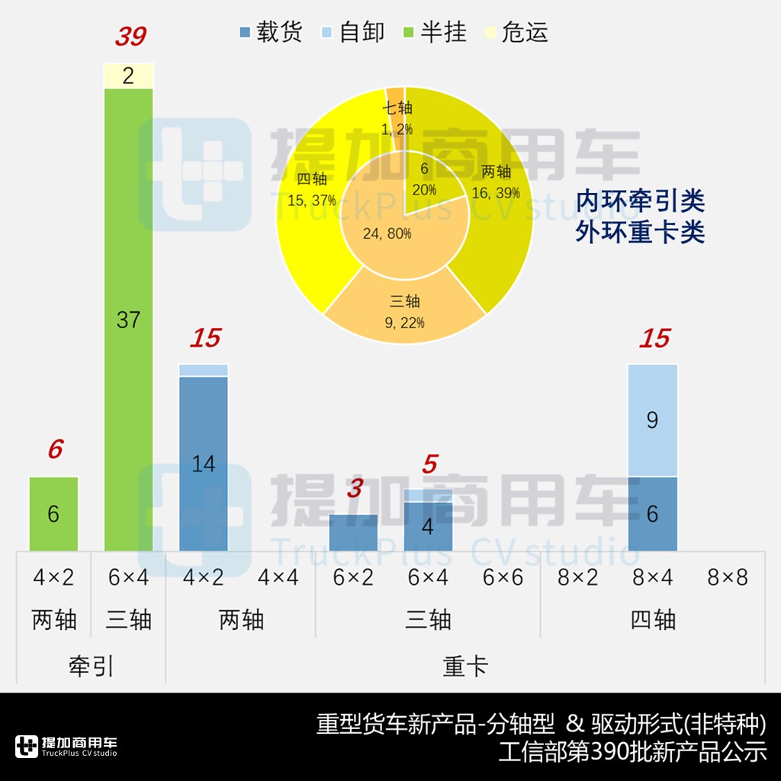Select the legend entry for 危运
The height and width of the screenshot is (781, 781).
click(516, 33)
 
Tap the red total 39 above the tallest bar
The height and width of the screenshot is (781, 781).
click(130, 35)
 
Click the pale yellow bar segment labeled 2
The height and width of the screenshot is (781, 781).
click(128, 76)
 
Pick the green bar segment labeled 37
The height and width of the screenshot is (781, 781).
click(128, 319)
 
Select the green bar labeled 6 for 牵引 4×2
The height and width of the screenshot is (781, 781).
click(53, 513)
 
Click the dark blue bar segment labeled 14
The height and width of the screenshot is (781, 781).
click(204, 463)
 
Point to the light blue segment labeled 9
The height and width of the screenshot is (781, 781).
click(652, 419)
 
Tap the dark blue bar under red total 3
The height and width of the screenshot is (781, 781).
click(353, 532)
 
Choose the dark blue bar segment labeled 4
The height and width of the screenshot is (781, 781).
click(428, 526)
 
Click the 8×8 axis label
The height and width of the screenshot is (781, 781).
click(727, 577)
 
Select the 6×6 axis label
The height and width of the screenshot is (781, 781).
click(503, 577)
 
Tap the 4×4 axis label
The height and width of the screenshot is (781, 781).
click(278, 577)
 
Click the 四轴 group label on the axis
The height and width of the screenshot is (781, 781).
click(653, 619)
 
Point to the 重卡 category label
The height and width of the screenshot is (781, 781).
click(465, 667)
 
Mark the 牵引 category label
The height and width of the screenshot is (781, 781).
click(91, 667)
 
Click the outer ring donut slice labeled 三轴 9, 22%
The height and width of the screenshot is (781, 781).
click(404, 309)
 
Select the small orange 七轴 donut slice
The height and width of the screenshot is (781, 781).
click(395, 114)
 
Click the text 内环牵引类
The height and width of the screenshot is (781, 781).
click(640, 202)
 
